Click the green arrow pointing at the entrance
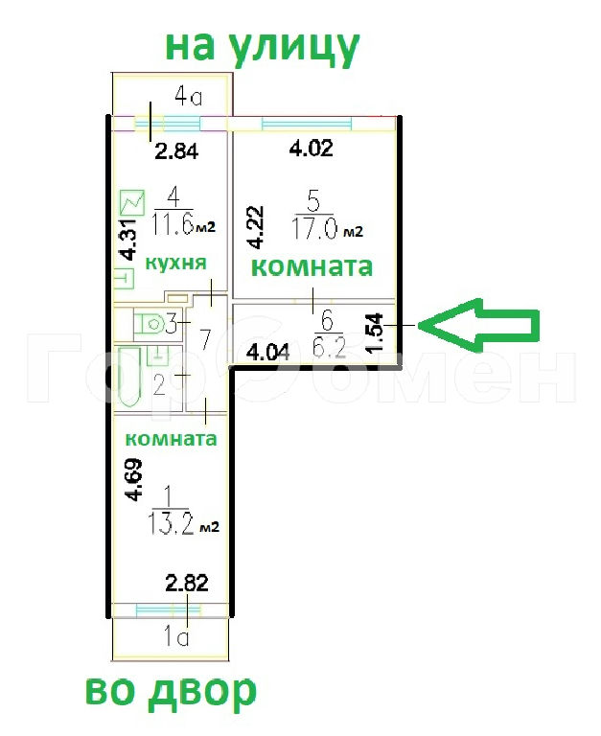[479, 325]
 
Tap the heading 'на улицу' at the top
[262, 48]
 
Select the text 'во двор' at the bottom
[171, 692]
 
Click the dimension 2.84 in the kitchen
[177, 151]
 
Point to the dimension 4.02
[311, 149]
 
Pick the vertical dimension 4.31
[127, 240]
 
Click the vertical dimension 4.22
[256, 227]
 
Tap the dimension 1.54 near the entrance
[375, 333]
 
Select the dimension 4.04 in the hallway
[269, 351]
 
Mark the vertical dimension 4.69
[133, 480]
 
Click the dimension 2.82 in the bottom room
[187, 583]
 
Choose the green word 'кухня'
[176, 263]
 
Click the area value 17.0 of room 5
[314, 230]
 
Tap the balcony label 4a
[188, 97]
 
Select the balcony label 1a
[176, 637]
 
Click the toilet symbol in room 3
[150, 324]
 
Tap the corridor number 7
[206, 339]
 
